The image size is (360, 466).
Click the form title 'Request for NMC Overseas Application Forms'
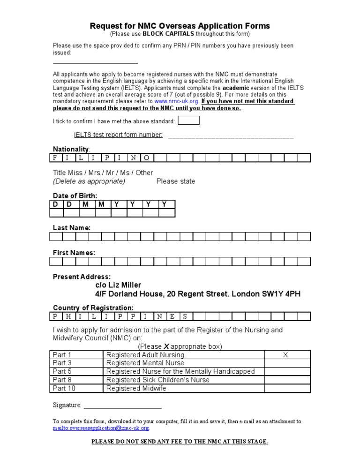click(180, 26)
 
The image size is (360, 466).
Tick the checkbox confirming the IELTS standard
click(189, 120)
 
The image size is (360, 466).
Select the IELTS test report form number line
click(231, 136)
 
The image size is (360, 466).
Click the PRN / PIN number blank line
click(95, 62)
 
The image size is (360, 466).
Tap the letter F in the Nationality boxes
click(56, 158)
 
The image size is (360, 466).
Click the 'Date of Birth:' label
click(75, 195)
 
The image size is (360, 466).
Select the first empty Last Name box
click(56, 237)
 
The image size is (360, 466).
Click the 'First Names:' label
click(74, 252)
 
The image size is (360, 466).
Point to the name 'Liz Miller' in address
click(124, 285)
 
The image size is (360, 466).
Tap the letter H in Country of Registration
click(69, 316)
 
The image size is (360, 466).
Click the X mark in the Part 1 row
click(285, 355)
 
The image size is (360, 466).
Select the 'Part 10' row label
click(64, 388)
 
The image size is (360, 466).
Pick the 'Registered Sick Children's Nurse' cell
click(157, 380)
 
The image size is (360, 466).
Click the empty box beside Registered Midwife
click(287, 388)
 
